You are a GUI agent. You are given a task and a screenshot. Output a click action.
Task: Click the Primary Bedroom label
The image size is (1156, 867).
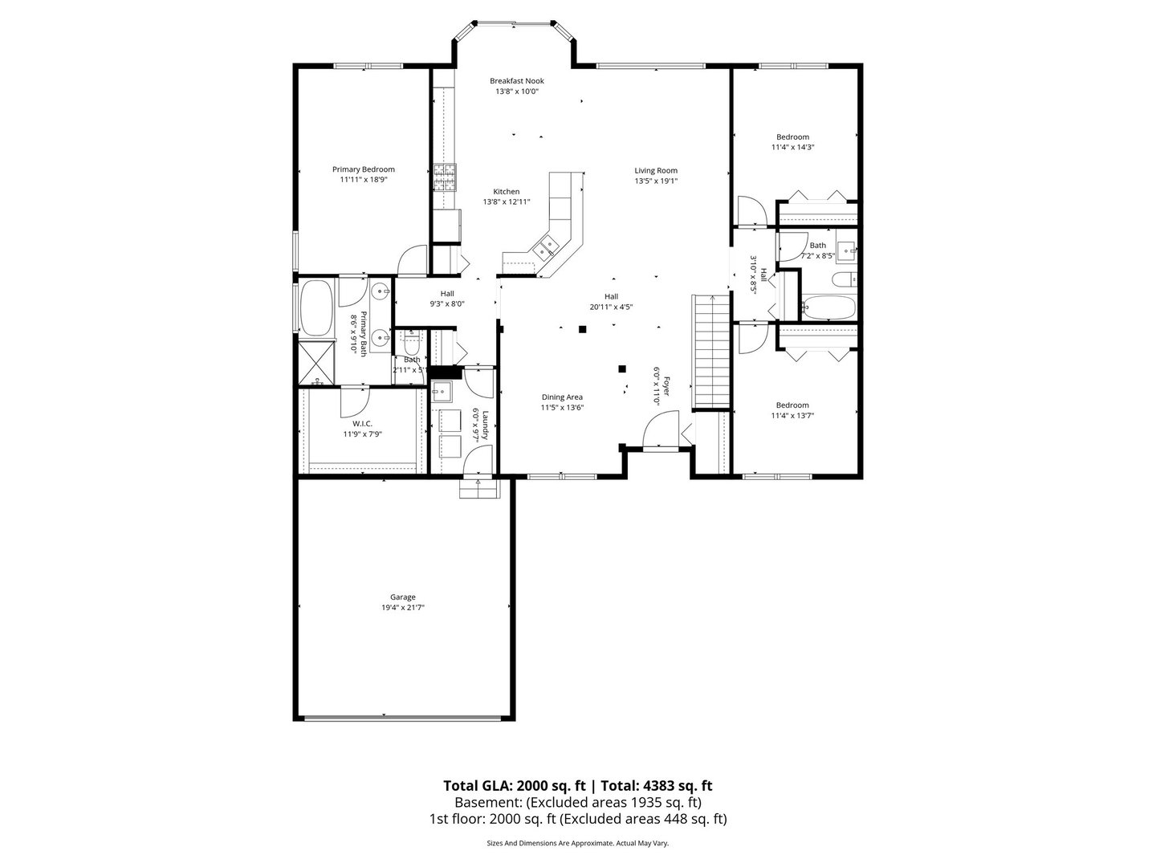363,169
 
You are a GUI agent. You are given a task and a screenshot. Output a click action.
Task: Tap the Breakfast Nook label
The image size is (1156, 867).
517,81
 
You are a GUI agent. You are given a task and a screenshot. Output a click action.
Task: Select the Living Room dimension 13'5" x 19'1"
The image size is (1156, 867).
656,181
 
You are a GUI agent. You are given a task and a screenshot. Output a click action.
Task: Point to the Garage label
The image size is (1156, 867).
402,597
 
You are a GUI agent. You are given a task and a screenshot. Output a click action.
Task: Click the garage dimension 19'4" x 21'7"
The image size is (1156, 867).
403,608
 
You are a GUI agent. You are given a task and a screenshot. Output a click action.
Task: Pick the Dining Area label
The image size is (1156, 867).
562,397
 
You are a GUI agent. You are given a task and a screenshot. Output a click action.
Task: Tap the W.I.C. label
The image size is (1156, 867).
362,424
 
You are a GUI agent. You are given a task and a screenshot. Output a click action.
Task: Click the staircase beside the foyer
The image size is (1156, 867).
710,352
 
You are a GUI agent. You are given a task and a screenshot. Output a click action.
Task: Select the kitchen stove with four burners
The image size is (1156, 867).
446,177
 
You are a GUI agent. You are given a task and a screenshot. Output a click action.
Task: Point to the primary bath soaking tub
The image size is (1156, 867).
315,308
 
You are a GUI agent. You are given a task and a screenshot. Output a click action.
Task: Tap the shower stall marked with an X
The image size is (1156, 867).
316,363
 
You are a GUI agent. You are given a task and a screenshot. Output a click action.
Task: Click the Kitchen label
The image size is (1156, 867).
506,192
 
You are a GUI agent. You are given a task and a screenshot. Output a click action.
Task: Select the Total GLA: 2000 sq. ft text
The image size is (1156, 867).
514,786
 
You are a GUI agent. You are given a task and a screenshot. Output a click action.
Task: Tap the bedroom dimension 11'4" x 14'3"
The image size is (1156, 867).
792,148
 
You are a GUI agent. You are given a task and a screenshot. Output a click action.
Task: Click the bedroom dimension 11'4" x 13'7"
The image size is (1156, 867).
792,415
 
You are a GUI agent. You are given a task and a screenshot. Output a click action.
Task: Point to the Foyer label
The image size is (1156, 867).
666,386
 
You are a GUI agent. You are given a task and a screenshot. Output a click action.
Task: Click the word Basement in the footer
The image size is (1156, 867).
486,803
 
